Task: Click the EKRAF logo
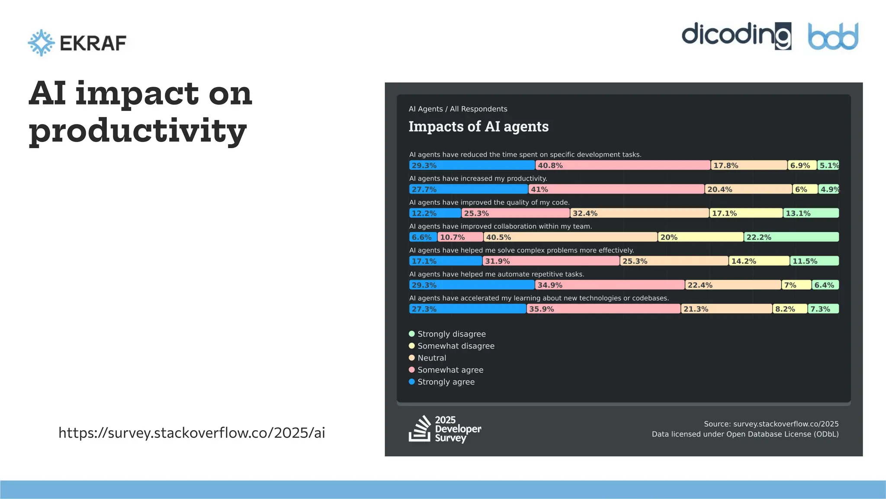pos(77,43)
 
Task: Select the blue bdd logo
pos(833,36)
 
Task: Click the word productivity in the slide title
pos(138,131)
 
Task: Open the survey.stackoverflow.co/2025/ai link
pos(192,433)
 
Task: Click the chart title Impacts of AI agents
pos(478,126)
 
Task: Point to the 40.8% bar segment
pos(623,165)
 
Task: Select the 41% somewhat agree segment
pos(616,189)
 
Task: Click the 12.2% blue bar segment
pos(435,213)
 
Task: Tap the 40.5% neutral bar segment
pos(570,237)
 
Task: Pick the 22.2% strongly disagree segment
pos(791,237)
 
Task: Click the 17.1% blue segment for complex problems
pos(446,261)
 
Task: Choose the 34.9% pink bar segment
pos(610,285)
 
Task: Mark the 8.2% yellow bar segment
pos(790,309)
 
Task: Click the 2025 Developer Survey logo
pos(445,429)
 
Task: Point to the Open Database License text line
pos(745,434)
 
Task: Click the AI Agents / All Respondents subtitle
pos(458,109)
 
